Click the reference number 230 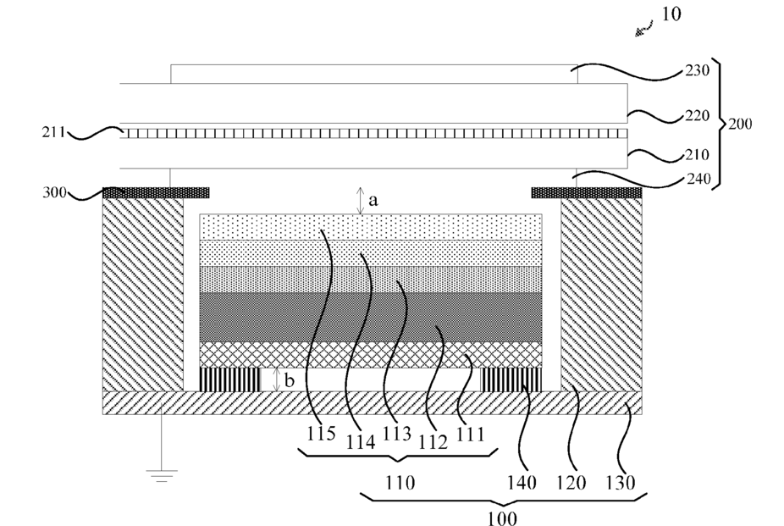click(697, 70)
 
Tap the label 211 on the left click(53, 132)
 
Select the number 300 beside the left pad click(54, 192)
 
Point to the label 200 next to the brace click(740, 124)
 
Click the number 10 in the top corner click(671, 14)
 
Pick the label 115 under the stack click(321, 433)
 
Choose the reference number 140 click(522, 483)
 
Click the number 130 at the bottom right click(621, 483)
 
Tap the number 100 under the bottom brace click(502, 518)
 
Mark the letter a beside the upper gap click(373, 201)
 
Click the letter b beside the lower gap click(289, 380)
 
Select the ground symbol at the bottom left click(161, 475)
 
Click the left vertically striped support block click(230, 380)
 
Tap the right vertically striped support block click(511, 380)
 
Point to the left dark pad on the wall click(156, 193)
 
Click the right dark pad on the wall click(587, 193)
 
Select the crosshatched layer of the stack click(371, 355)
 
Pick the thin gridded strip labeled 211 click(373, 134)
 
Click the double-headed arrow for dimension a click(361, 201)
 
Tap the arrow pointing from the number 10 click(644, 29)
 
